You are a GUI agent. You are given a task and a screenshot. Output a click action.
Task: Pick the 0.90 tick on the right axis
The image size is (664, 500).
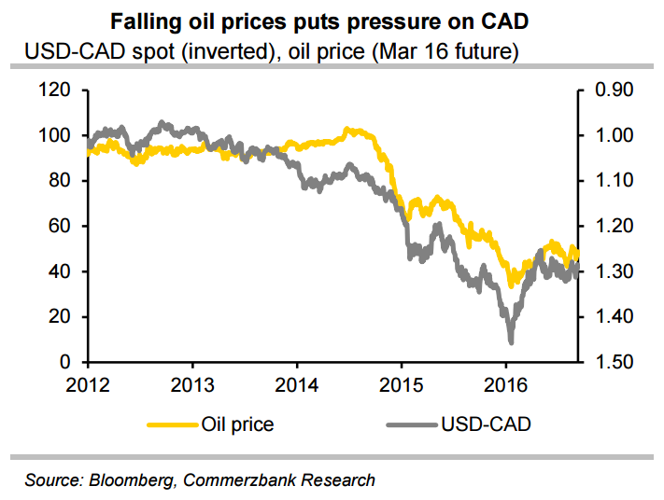click(614, 90)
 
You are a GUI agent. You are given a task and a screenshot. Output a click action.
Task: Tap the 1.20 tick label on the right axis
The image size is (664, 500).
click(614, 227)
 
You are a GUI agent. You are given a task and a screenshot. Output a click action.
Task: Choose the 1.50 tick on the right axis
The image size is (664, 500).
click(614, 362)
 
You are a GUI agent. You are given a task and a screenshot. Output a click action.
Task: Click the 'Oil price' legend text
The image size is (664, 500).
click(237, 424)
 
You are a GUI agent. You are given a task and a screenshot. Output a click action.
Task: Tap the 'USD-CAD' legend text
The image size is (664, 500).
click(487, 424)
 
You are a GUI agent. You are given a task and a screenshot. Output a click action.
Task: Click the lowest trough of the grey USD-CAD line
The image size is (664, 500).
click(511, 340)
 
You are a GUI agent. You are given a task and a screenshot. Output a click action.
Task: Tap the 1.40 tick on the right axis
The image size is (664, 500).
click(614, 317)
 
